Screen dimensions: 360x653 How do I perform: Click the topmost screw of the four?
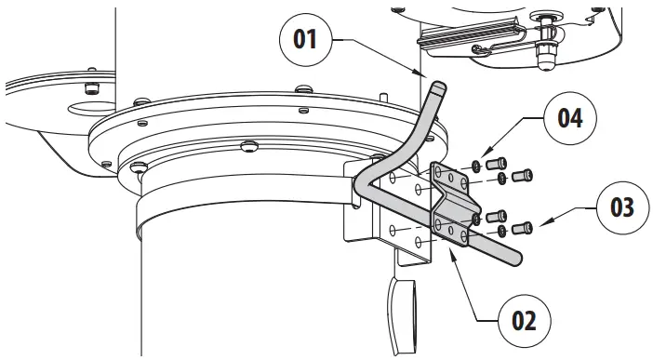point(498,165)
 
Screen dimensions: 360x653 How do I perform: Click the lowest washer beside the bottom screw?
point(503,230)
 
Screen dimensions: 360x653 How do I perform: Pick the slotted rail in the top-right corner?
point(474,36)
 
